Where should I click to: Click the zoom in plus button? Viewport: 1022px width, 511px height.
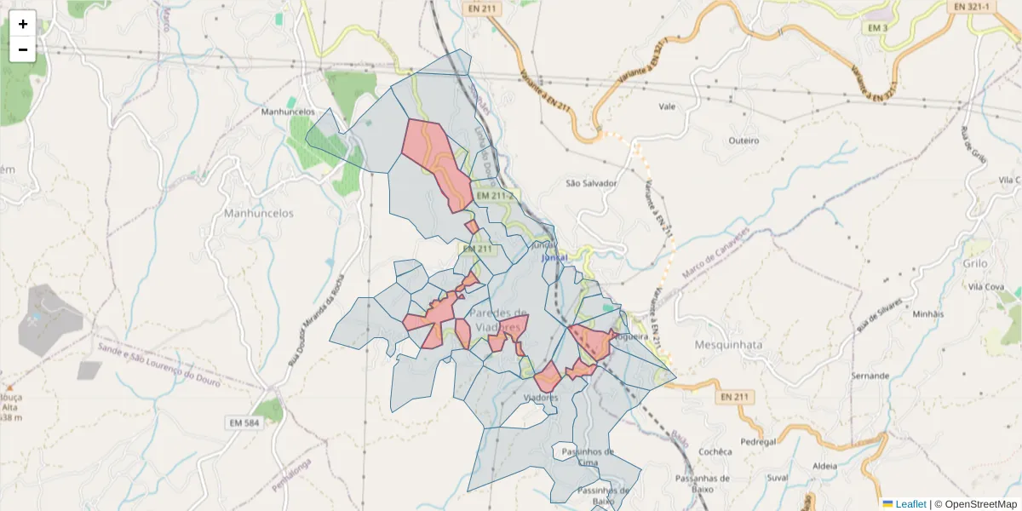point(23,24)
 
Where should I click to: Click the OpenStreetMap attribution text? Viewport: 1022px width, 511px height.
point(980,504)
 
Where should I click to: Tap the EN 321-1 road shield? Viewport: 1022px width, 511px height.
point(972,6)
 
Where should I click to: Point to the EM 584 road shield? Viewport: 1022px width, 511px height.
point(244,422)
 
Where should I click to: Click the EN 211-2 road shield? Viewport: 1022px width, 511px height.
point(496,196)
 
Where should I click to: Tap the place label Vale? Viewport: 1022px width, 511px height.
point(668,107)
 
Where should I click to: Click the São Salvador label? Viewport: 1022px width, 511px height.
point(591,183)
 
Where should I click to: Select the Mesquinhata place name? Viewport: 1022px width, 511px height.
point(728,345)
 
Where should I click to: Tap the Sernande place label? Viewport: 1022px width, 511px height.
point(870,376)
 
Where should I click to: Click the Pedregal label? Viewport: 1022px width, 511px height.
point(759,442)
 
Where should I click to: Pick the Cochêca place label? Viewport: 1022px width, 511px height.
point(715,451)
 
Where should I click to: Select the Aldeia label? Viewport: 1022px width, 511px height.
point(825,466)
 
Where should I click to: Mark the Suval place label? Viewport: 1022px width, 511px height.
point(778,478)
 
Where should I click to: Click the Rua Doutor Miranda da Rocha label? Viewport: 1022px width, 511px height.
point(319,314)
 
